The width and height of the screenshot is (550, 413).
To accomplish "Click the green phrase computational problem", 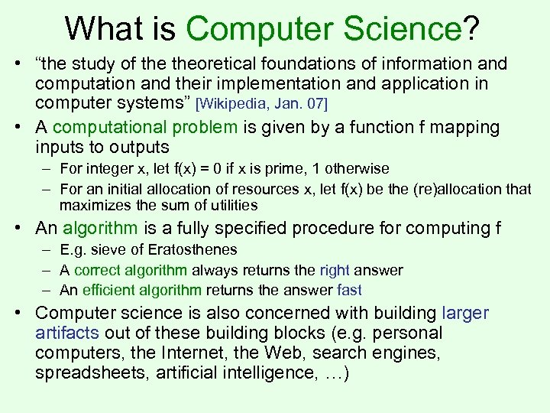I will [145, 127].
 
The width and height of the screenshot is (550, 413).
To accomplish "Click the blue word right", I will [335, 270].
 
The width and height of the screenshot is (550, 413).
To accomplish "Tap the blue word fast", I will [349, 290].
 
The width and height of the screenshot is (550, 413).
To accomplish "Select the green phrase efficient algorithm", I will [141, 290].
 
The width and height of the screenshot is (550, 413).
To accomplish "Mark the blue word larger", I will [464, 313].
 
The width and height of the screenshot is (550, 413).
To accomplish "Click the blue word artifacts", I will [68, 333].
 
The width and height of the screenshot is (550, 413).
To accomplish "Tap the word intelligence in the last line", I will [264, 374].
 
